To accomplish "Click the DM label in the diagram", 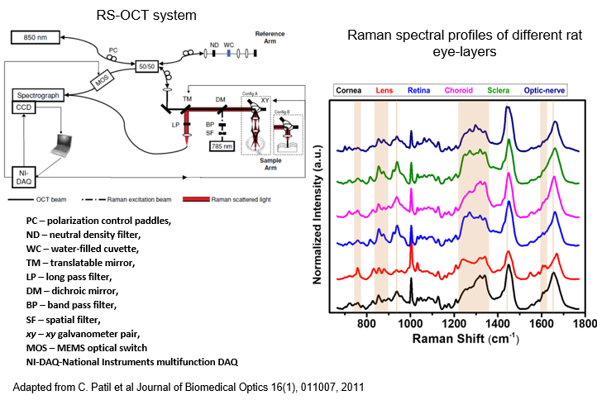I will pyautogui.click(x=220, y=99).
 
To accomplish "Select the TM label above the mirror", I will pyautogui.click(x=187, y=99).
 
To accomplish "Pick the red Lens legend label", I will pyautogui.click(x=384, y=89).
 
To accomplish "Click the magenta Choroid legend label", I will pyautogui.click(x=458, y=89).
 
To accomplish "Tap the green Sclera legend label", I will pyautogui.click(x=498, y=89).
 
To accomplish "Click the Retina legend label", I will pyautogui.click(x=418, y=89).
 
